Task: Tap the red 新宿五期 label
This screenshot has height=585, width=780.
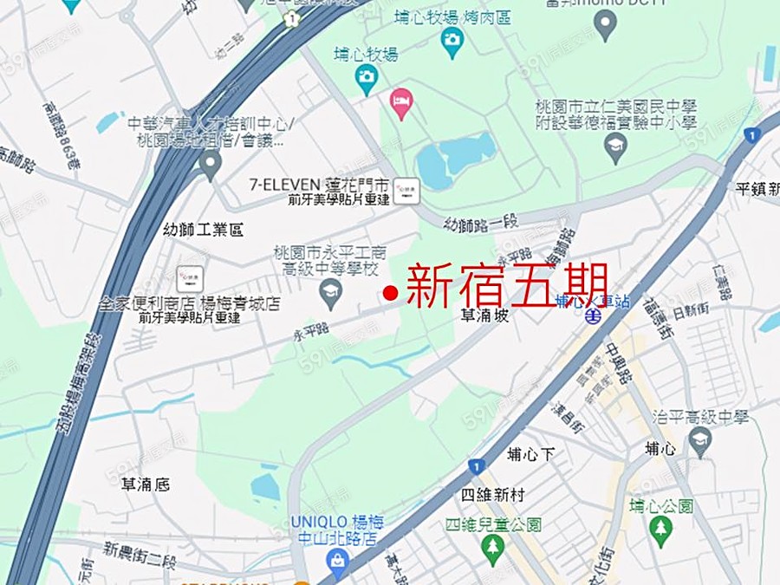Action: point(506,287)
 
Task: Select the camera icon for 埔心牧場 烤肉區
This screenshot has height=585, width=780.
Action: point(452,41)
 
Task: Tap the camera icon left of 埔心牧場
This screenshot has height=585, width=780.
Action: point(366,79)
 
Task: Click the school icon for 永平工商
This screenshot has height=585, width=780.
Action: point(329,296)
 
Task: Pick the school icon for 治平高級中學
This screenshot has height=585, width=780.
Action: point(699,441)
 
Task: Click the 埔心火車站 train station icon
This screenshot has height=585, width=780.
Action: point(594,316)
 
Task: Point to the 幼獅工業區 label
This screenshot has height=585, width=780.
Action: point(204,231)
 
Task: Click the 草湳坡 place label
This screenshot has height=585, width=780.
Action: point(483,317)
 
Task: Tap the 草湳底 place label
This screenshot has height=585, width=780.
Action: point(146,484)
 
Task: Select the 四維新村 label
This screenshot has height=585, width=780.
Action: point(493,496)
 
